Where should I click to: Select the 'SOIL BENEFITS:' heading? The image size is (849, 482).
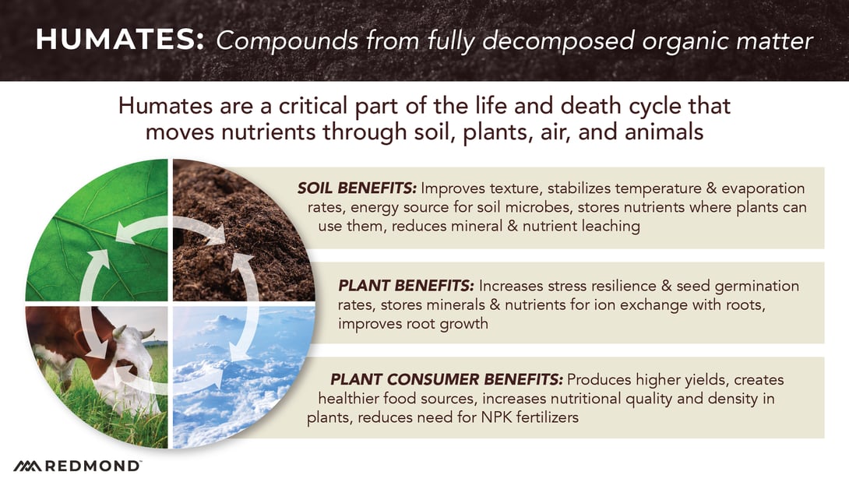pos(357,188)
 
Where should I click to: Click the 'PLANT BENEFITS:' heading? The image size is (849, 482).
pos(406,286)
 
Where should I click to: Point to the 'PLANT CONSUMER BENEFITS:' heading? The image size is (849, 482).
pos(447,379)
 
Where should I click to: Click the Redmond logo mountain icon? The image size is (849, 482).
pos(27,466)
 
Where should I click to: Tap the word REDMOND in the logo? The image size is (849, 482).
pos(93,466)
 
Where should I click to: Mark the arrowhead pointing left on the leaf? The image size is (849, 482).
pos(125,232)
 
